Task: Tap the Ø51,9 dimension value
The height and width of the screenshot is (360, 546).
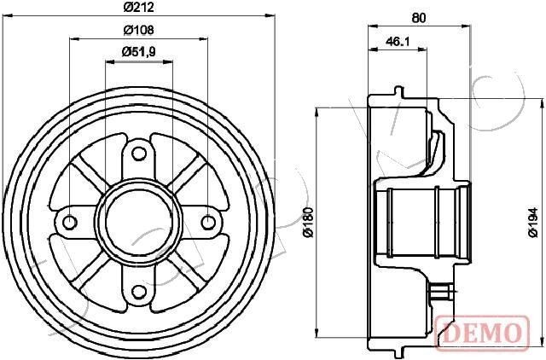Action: [137, 52]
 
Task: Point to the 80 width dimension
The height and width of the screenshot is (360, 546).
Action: [419, 16]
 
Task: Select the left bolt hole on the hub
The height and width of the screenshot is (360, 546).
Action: [70, 224]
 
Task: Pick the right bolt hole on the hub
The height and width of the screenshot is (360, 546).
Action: [207, 224]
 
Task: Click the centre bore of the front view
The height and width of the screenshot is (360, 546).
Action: [138, 224]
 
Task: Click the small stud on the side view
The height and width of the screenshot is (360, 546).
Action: [442, 293]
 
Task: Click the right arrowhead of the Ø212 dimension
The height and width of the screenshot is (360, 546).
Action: [272, 15]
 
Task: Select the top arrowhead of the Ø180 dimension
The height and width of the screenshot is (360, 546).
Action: [317, 112]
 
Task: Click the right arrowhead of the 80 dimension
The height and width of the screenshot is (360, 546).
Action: [468, 26]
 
